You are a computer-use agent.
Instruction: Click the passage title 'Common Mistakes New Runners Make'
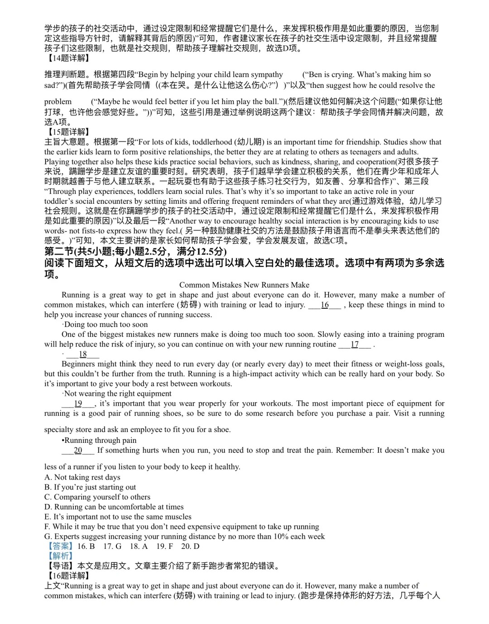(244, 285)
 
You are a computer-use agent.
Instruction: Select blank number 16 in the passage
(325, 305)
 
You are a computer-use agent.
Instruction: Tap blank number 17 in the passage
(355, 344)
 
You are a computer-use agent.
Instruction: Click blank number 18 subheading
(82, 354)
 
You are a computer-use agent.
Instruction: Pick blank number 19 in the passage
(78, 403)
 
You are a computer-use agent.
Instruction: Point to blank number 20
(78, 450)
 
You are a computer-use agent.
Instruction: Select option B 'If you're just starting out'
(90, 487)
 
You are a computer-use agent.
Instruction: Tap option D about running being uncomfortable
(114, 507)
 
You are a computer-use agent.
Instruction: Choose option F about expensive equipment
(182, 527)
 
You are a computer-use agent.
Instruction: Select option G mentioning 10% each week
(184, 537)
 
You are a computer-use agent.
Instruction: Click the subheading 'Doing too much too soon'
(105, 324)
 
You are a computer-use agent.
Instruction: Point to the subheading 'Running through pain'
(100, 440)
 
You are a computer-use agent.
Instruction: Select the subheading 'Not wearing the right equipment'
(117, 394)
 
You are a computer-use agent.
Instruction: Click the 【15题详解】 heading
(68, 132)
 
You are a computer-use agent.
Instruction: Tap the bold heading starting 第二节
(135, 252)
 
